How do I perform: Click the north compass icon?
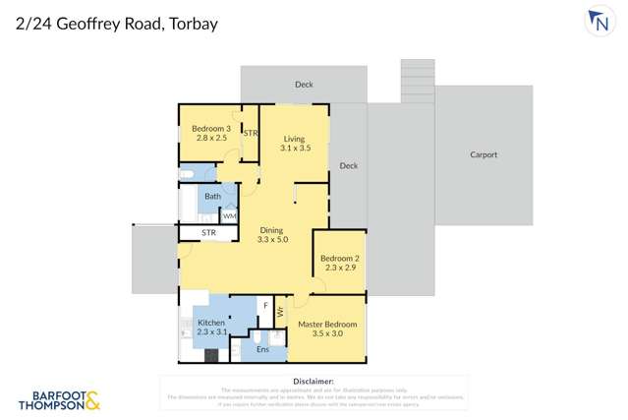(x=600, y=23)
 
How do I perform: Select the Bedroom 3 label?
(x=210, y=134)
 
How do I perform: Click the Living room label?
(x=295, y=144)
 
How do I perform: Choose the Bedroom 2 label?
(x=339, y=263)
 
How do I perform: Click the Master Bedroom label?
(x=327, y=329)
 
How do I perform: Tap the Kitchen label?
(x=211, y=328)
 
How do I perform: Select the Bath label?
(x=212, y=197)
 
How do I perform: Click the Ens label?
(x=262, y=349)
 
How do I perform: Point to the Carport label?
(x=484, y=154)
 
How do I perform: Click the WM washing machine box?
(x=229, y=215)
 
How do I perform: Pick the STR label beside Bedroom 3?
(x=251, y=133)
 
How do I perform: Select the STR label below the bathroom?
(x=208, y=233)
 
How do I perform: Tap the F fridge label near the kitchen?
(x=264, y=307)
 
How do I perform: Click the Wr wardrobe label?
(x=280, y=312)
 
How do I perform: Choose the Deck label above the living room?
(x=305, y=85)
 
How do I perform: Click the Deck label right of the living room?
(x=348, y=166)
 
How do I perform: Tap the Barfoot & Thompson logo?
(x=59, y=398)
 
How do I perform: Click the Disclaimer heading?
(x=314, y=381)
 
